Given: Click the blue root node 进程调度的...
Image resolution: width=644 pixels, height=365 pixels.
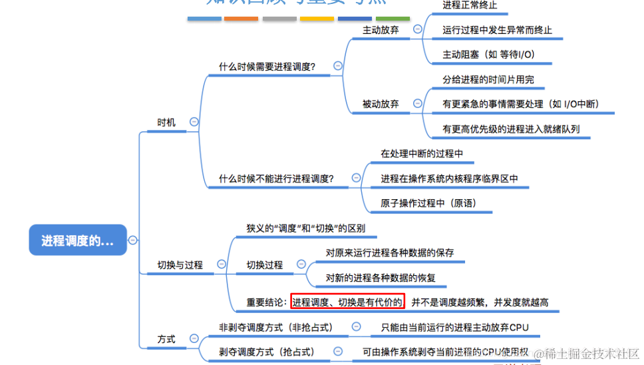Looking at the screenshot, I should pyautogui.click(x=78, y=240).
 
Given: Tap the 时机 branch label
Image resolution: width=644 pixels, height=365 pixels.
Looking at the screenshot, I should pyautogui.click(x=166, y=123).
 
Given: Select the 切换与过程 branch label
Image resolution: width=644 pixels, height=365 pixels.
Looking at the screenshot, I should pyautogui.click(x=180, y=265).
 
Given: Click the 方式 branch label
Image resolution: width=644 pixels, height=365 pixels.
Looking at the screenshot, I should pyautogui.click(x=166, y=339).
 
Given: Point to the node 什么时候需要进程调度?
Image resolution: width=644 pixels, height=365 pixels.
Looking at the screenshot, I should pyautogui.click(x=267, y=67).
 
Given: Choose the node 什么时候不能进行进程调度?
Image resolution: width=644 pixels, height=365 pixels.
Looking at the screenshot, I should pyautogui.click(x=276, y=179).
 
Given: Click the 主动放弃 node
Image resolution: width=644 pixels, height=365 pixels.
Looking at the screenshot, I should pyautogui.click(x=381, y=30).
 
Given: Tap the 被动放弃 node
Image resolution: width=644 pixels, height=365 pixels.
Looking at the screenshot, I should pyautogui.click(x=381, y=104).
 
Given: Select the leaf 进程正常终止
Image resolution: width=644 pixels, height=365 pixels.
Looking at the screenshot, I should pyautogui.click(x=470, y=5).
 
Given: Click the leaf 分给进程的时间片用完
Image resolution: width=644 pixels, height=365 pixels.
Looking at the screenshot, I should pyautogui.click(x=488, y=79).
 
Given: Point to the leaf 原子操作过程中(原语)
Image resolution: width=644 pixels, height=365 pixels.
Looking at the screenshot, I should pyautogui.click(x=428, y=203).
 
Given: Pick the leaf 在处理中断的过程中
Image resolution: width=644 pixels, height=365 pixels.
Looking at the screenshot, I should pyautogui.click(x=422, y=154).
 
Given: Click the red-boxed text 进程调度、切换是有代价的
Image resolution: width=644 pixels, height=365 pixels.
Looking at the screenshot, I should pyautogui.click(x=347, y=302).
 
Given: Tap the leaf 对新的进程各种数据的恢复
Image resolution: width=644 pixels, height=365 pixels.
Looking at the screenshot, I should pyautogui.click(x=381, y=278).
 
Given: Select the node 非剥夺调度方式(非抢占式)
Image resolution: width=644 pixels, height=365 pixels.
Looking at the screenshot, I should pyautogui.click(x=275, y=327).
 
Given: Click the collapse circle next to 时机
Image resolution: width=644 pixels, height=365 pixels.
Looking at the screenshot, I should pyautogui.click(x=194, y=122).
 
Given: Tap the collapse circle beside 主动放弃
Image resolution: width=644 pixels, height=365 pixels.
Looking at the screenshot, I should pyautogui.click(x=417, y=29).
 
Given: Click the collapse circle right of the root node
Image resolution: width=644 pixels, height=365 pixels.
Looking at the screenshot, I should pyautogui.click(x=132, y=240).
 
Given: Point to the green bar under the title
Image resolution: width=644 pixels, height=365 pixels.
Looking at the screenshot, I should pyautogui.click(x=393, y=19).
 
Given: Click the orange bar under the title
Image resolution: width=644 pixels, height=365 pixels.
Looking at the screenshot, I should pyautogui.click(x=241, y=19).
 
